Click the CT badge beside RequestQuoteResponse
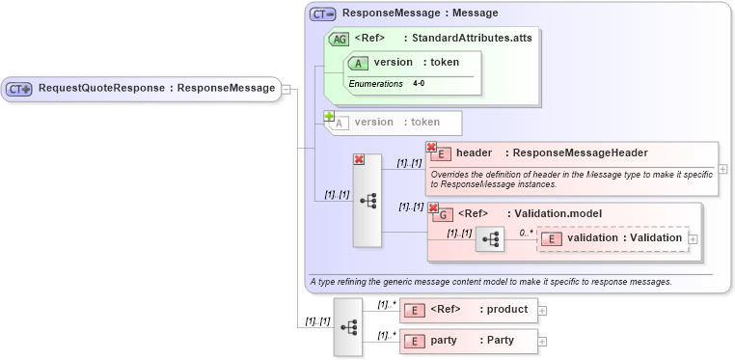pos(19,89)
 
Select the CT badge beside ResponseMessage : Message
pos(323,14)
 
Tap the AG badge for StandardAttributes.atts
pos(339,40)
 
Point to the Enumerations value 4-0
pos(419,84)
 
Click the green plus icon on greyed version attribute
pos(329,116)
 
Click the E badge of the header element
pos(443,153)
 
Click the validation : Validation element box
pos(612,238)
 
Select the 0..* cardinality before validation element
pos(526,233)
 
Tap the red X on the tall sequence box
pos(359,160)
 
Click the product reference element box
pos(467,310)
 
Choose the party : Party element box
pos(467,341)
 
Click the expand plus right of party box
pos(542,342)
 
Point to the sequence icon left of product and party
pos(348,328)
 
